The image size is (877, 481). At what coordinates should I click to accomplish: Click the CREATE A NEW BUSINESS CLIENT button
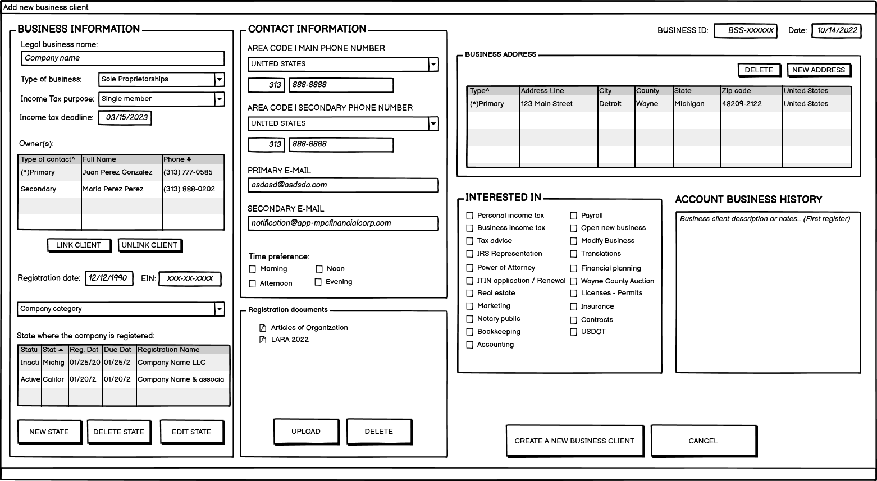(x=574, y=441)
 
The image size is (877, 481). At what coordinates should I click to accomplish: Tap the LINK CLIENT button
(x=79, y=245)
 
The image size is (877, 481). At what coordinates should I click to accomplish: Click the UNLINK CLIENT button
(x=149, y=245)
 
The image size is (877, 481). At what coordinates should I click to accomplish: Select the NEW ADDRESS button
(x=819, y=70)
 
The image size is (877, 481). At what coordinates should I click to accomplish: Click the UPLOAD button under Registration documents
(x=306, y=432)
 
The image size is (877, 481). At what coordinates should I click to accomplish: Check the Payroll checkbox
(x=574, y=216)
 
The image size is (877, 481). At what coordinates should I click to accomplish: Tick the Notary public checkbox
(x=470, y=319)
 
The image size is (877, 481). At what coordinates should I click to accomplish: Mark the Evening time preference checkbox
(x=318, y=282)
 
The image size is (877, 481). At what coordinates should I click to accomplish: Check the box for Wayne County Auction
(x=574, y=281)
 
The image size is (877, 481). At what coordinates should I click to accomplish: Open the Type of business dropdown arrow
(x=220, y=80)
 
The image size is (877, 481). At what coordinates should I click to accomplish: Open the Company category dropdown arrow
(x=220, y=309)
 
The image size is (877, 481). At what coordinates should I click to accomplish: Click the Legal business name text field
(x=123, y=58)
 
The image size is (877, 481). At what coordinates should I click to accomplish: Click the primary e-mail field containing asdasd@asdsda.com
(x=342, y=185)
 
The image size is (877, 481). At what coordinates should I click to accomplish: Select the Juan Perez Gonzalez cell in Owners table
(x=117, y=172)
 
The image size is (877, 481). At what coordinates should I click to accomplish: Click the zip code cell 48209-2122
(x=742, y=104)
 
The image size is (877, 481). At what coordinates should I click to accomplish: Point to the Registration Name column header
(x=169, y=350)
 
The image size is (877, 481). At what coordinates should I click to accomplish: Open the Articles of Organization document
(x=309, y=328)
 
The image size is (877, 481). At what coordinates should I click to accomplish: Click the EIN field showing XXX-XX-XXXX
(x=190, y=279)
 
